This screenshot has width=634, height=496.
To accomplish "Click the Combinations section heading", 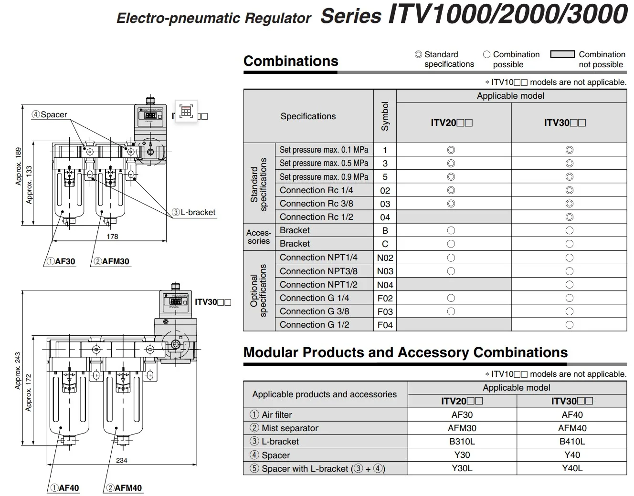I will click(291, 61).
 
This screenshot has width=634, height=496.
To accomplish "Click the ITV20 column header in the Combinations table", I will click(452, 123).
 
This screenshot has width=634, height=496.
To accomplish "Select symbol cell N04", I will click(385, 285).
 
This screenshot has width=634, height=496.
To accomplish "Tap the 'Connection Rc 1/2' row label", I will click(317, 217).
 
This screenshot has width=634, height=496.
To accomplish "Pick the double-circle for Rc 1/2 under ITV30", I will click(569, 217).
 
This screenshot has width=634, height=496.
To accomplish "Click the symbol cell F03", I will click(385, 311).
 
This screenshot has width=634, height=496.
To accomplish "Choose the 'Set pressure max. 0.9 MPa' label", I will click(324, 177).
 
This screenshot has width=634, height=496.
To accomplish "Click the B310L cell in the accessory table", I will click(462, 442).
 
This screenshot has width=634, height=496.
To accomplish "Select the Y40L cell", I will click(572, 468).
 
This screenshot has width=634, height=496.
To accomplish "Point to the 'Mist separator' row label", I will click(290, 428).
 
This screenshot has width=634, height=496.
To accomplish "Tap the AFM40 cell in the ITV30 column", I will click(572, 428).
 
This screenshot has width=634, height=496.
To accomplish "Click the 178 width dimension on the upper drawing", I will click(112, 237).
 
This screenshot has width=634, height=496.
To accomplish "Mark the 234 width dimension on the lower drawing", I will click(122, 460).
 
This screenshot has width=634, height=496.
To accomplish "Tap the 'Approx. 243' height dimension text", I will click(18, 371).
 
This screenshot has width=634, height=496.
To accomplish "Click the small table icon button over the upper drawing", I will click(186, 112).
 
